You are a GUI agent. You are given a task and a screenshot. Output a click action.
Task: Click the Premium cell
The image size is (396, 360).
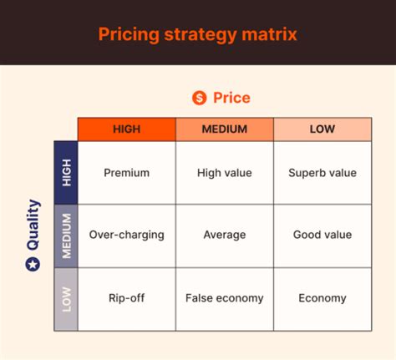click(126, 173)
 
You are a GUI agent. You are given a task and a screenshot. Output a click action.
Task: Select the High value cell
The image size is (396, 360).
click(224, 173)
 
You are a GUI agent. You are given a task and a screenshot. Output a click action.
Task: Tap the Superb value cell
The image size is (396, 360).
click(322, 173)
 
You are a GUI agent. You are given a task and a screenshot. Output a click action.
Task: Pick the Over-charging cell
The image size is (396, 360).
click(126, 236)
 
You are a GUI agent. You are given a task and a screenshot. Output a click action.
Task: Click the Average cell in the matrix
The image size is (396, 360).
click(224, 236)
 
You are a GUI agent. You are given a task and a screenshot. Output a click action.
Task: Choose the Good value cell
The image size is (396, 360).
click(322, 236)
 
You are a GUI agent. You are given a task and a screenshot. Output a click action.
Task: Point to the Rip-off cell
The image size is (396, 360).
click(126, 298)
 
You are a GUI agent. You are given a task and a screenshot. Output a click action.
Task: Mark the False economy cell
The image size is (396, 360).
click(224, 298)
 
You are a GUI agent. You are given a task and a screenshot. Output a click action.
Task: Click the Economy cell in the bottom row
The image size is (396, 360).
click(322, 298)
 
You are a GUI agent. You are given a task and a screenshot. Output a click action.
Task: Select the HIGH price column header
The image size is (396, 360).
click(126, 129)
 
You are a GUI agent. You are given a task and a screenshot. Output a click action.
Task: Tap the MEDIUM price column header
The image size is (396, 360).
click(224, 129)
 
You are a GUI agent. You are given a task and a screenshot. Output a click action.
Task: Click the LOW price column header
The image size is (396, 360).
click(322, 129)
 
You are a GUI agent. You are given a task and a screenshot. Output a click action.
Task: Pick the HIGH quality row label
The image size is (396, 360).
click(66, 173)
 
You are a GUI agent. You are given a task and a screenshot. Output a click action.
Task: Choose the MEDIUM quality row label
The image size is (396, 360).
click(66, 236)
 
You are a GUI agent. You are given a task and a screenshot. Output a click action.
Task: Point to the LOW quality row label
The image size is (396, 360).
click(66, 298)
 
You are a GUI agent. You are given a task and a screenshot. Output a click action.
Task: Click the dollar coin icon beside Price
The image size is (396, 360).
click(199, 98)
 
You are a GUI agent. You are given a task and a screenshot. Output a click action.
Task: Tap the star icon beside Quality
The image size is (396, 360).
click(33, 264)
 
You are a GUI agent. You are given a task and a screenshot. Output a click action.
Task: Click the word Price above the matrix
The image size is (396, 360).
click(231, 98)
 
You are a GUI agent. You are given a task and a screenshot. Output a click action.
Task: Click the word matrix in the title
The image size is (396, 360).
click(269, 34)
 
